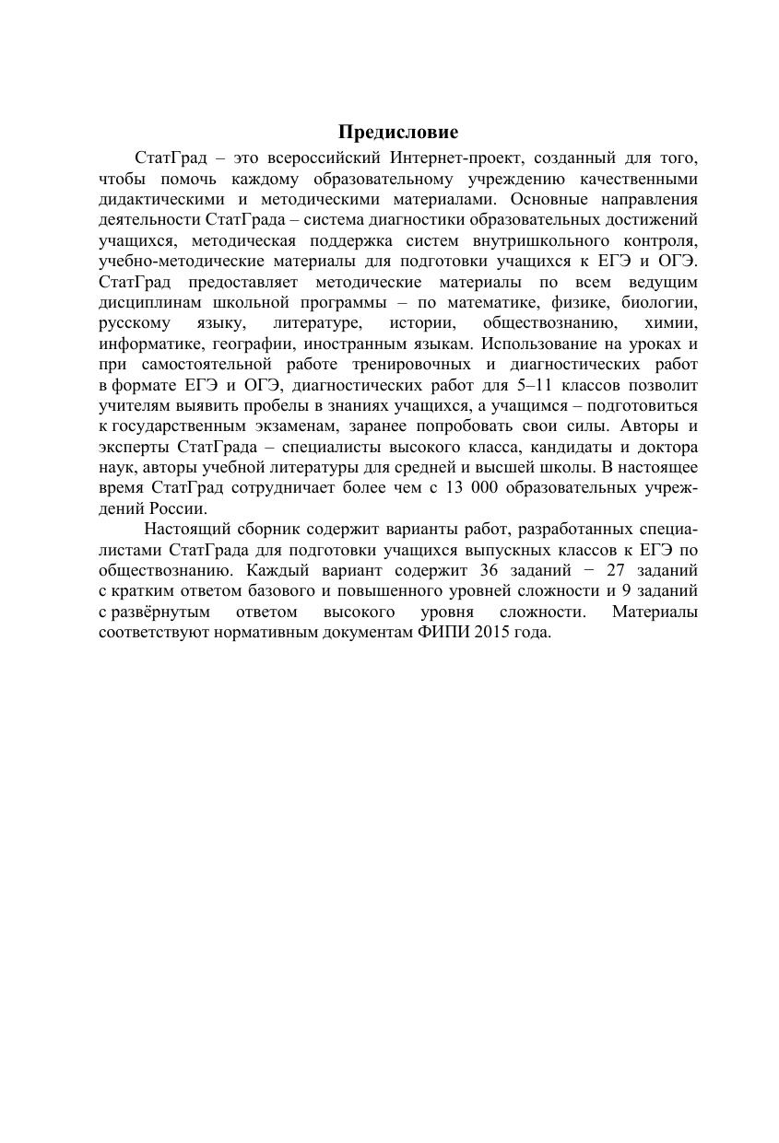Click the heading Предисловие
(397, 133)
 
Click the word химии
(671, 323)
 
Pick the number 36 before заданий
(490, 569)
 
